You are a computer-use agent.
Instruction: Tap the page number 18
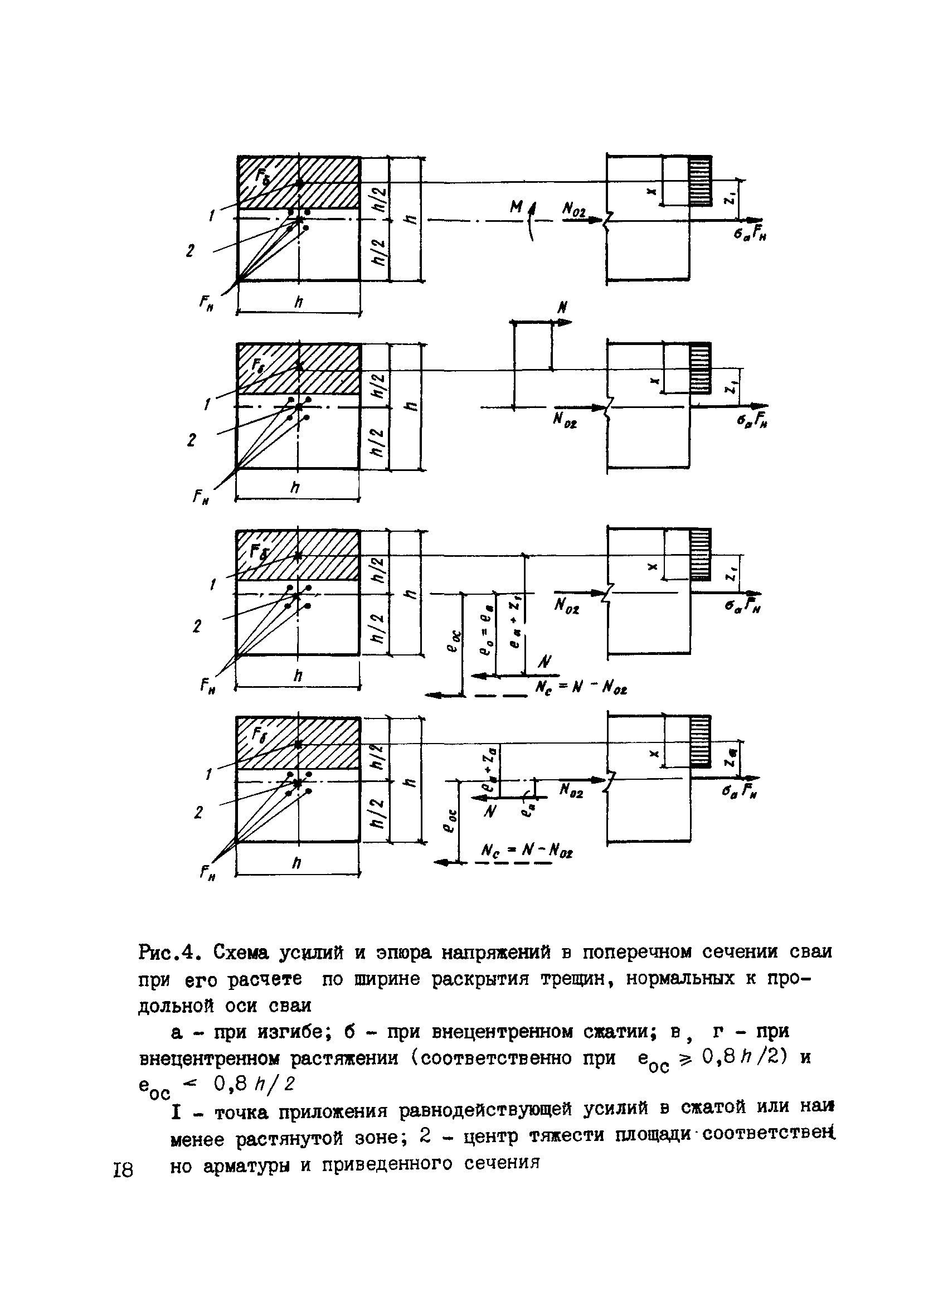[x=124, y=1170]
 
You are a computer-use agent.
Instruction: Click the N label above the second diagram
[x=561, y=308]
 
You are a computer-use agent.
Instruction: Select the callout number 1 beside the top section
[x=211, y=216]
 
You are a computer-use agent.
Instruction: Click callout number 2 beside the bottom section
[x=198, y=813]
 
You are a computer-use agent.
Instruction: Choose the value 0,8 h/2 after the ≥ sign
[x=745, y=1057]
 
